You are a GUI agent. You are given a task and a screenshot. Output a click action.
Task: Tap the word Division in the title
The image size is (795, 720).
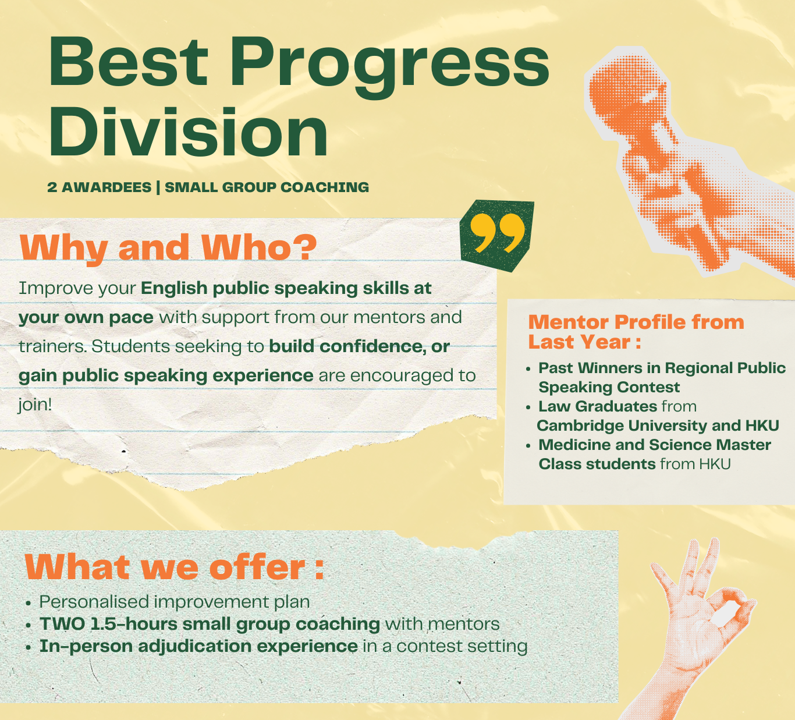(188, 132)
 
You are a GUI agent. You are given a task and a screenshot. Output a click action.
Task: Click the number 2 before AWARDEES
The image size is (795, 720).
(52, 187)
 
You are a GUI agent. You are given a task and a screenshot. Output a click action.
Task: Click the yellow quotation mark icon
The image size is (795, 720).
(497, 233)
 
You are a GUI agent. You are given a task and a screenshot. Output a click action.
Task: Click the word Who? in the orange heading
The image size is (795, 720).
(259, 247)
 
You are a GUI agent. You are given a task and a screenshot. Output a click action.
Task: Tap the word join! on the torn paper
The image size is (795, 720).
(35, 405)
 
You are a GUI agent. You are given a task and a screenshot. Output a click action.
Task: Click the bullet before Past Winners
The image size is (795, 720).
(528, 369)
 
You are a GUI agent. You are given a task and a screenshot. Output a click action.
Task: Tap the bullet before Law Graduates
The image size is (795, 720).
(528, 407)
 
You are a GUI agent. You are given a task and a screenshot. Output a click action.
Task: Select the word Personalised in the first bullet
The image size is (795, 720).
(94, 602)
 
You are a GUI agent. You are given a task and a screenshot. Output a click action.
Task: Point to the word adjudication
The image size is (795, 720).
(194, 647)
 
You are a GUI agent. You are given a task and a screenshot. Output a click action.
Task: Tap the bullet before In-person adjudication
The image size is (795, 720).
(28, 647)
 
